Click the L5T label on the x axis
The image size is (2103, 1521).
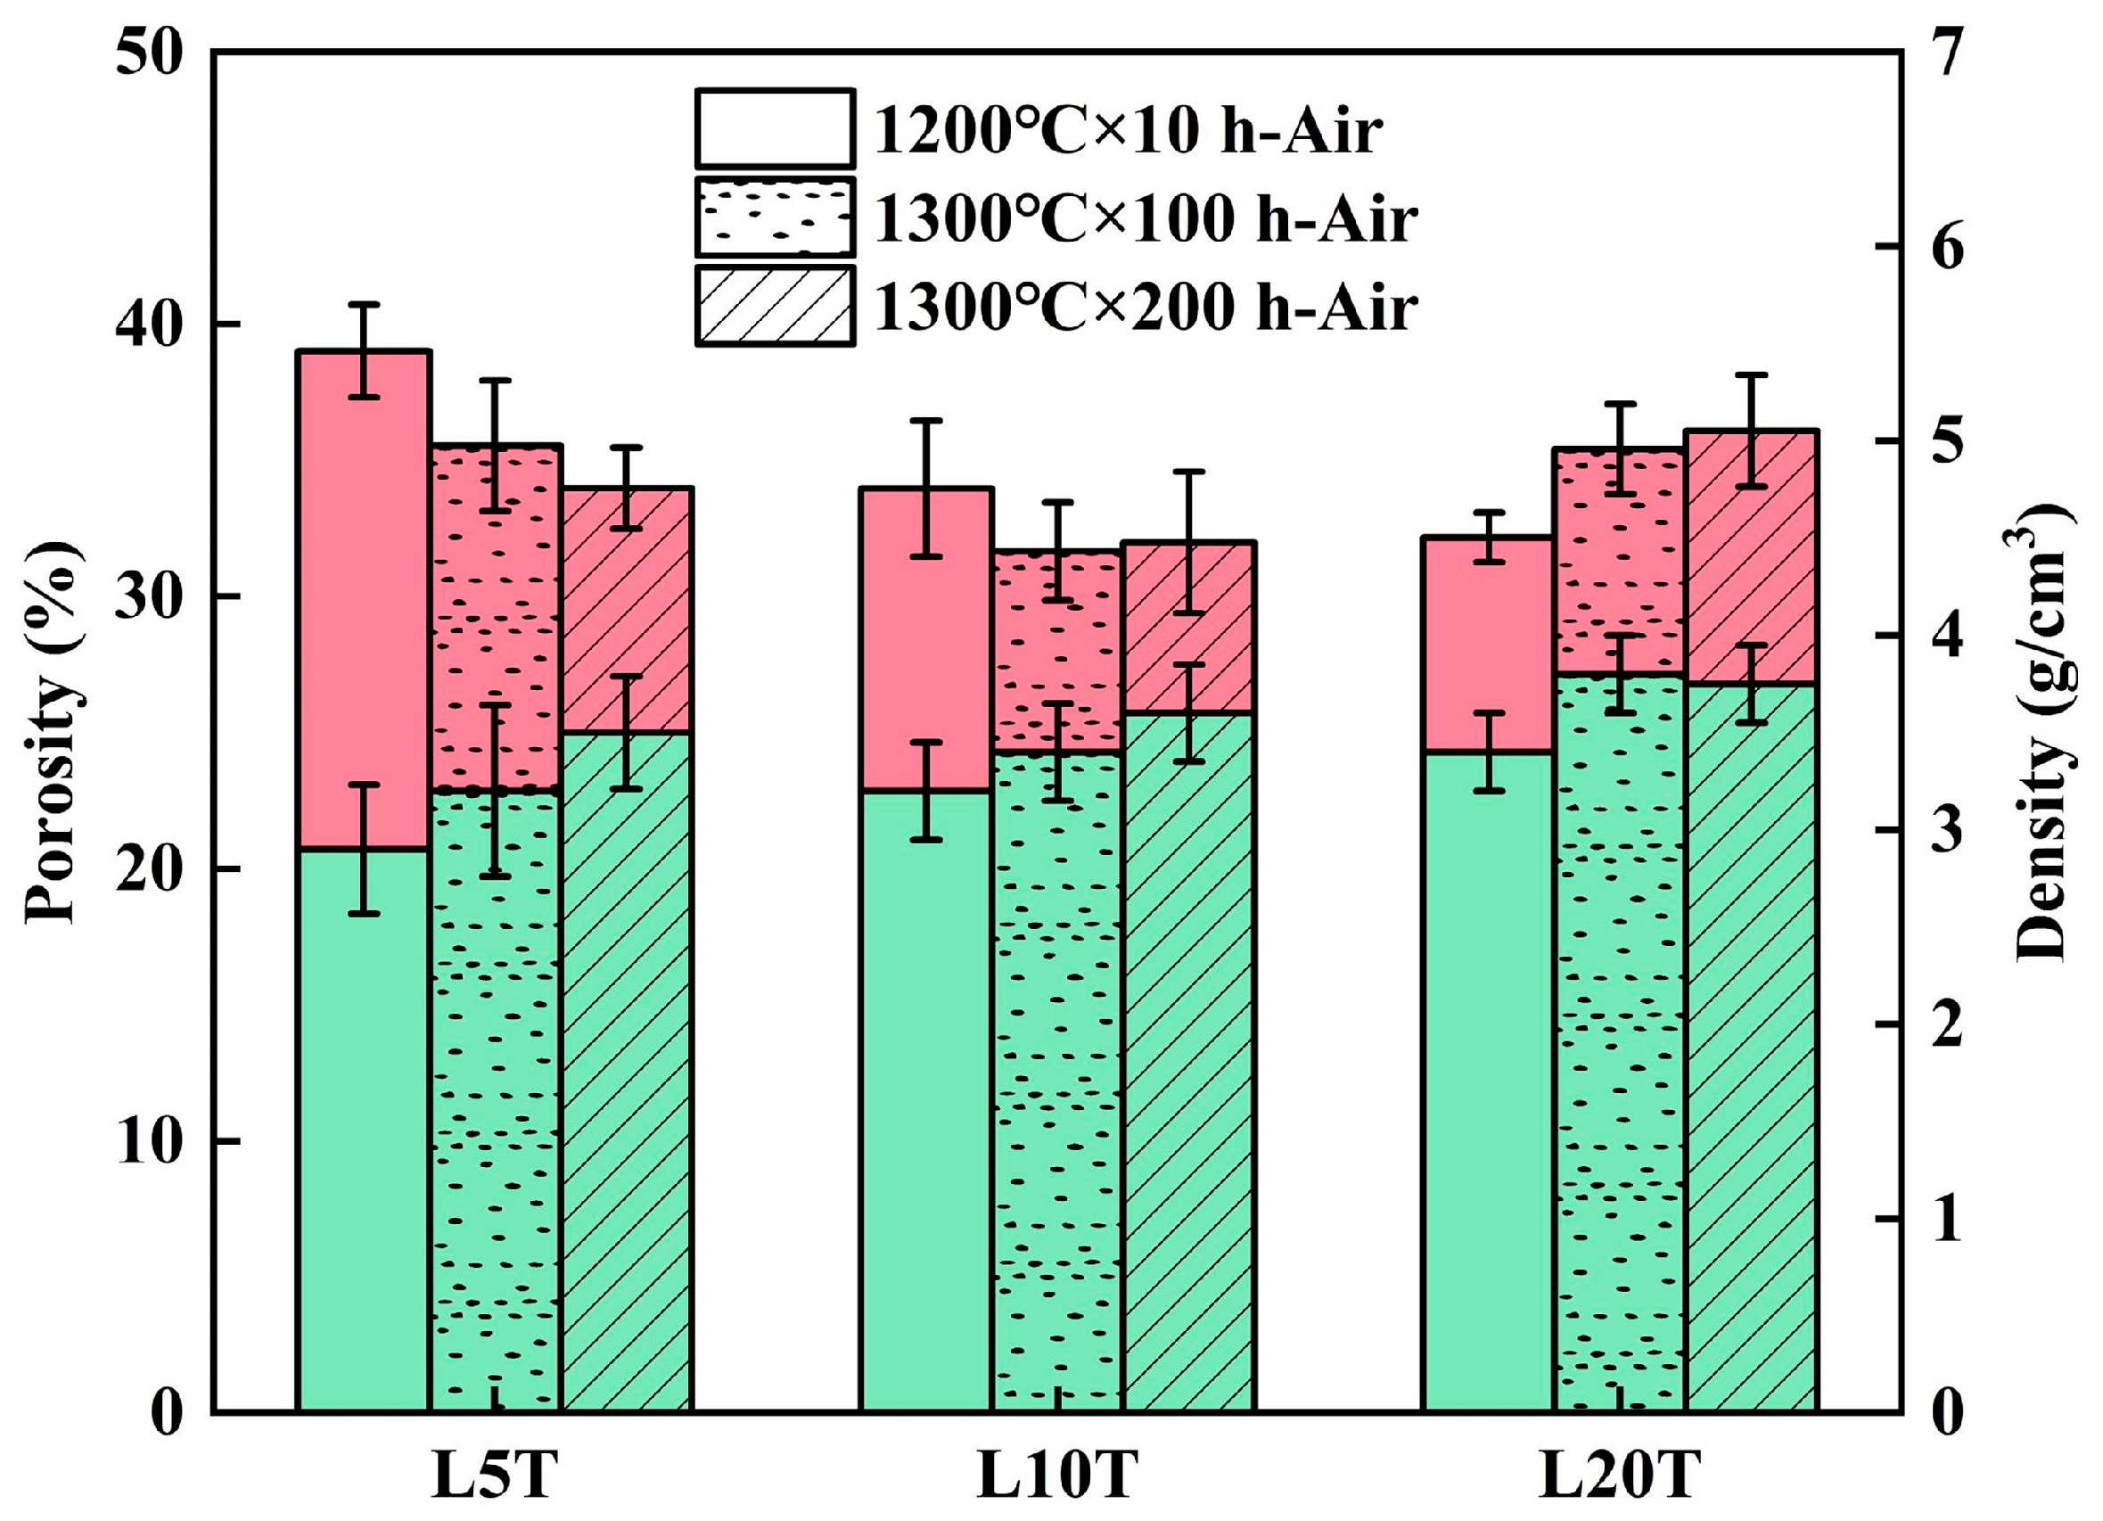(x=495, y=1475)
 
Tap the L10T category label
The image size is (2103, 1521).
(x=1057, y=1475)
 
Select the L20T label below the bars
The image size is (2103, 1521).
(x=1619, y=1475)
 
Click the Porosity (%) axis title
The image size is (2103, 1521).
(x=52, y=733)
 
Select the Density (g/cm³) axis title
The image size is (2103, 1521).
(x=2044, y=733)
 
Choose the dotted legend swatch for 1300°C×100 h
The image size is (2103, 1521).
(x=775, y=217)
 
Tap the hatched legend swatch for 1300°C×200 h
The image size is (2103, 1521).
(x=775, y=305)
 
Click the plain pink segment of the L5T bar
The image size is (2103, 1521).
(x=364, y=603)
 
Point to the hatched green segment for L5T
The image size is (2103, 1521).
(x=627, y=1066)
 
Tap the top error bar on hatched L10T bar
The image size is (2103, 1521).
(x=1188, y=543)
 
